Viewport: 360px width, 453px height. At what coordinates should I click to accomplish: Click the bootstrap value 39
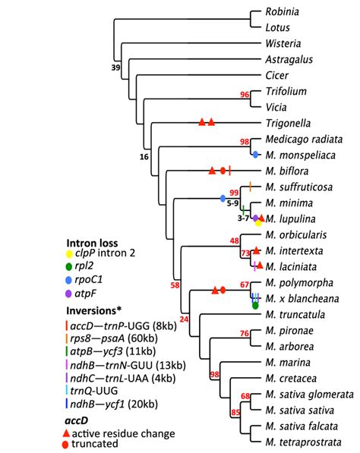[x=116, y=68]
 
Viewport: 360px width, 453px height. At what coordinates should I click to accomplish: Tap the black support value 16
[x=144, y=156]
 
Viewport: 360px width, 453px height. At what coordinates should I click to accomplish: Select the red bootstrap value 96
[x=245, y=95]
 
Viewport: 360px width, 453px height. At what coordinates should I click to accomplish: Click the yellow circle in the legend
[x=69, y=253]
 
